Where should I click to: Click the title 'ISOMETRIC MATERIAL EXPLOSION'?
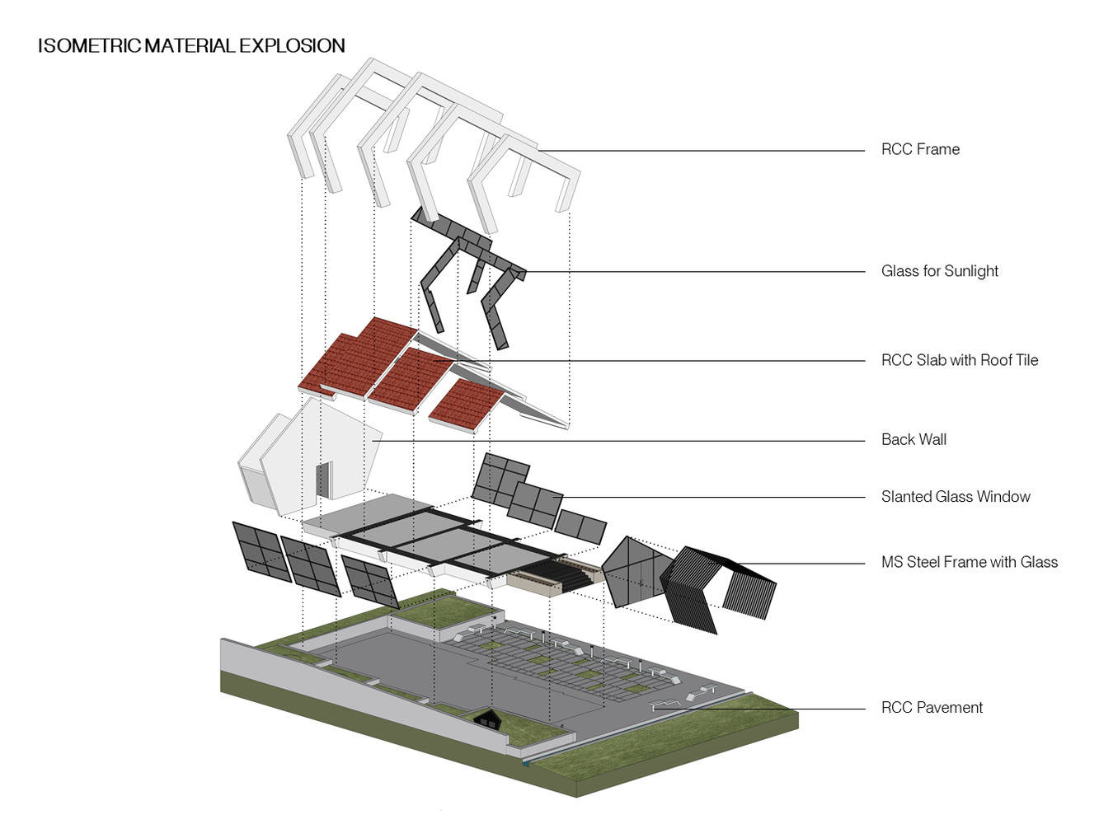191,45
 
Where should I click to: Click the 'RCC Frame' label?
920,149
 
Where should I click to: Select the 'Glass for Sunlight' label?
939,271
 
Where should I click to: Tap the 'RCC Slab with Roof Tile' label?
959,360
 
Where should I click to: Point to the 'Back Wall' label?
913,439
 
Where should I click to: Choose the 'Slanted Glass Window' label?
956,496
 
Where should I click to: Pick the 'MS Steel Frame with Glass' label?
969,562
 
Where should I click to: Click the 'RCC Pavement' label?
932,707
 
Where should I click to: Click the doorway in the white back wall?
322,480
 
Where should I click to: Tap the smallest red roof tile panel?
467,405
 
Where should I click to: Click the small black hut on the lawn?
490,719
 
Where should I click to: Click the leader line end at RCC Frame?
540,151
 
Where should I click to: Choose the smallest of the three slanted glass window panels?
580,527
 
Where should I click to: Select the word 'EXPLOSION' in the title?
292,45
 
